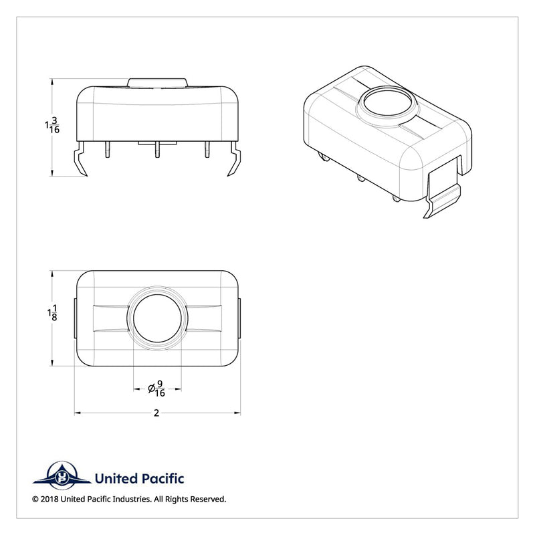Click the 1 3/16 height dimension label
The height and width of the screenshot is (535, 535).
pos(52,125)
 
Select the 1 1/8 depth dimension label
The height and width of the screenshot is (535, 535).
pos(52,313)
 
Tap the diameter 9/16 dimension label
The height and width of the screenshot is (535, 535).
pos(157,389)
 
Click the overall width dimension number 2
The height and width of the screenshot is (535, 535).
pos(156,413)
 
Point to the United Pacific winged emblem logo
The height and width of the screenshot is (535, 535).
pos(62,475)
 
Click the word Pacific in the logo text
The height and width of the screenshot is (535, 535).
pos(163,478)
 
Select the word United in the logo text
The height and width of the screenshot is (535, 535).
pos(116,478)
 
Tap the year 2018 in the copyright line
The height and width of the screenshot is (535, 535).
pos(49,499)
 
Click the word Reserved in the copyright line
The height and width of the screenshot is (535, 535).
pos(208,499)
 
